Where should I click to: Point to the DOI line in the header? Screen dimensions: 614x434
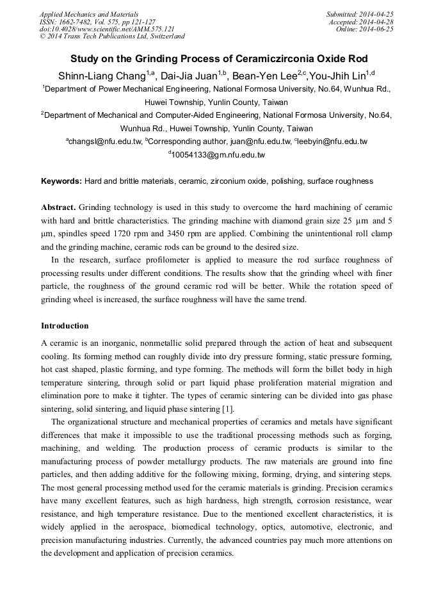pos(107,29)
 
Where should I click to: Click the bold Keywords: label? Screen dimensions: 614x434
pos(61,181)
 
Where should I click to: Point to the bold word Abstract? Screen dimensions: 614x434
pos(58,208)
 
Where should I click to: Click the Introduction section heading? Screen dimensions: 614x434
pos(65,325)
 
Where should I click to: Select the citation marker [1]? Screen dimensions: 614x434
pos(227,409)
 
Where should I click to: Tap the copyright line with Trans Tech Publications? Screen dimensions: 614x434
pos(112,36)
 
